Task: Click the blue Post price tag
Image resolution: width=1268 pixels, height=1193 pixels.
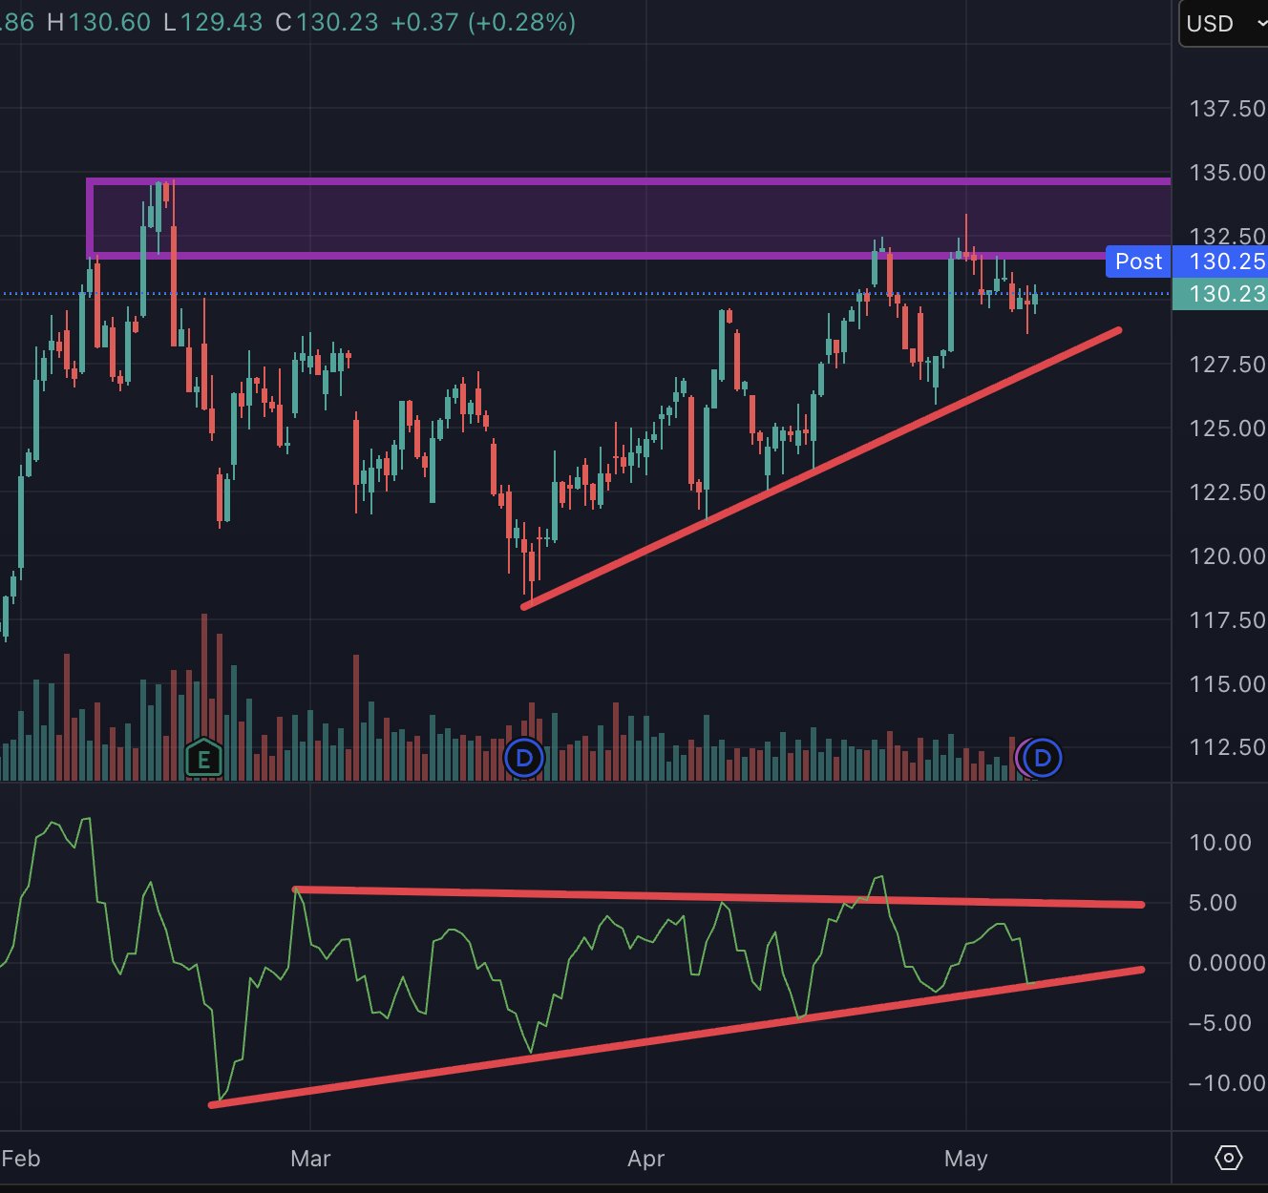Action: [1138, 262]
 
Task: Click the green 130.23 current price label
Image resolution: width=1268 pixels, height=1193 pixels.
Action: [1220, 294]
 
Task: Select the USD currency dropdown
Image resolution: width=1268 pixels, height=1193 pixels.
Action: [1223, 24]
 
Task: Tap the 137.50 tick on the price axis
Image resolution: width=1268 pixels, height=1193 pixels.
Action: [1227, 109]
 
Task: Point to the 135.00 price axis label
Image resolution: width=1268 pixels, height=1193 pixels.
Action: [1227, 173]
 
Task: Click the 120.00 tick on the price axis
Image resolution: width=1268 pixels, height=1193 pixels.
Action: [1227, 556]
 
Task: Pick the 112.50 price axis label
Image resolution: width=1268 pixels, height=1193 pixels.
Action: [1227, 747]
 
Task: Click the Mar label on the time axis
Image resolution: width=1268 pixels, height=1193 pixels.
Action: [310, 1159]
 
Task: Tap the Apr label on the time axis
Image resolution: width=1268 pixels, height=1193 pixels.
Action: [646, 1159]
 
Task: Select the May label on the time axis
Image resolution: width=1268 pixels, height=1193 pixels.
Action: [966, 1159]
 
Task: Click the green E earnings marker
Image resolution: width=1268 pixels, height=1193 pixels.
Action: [203, 759]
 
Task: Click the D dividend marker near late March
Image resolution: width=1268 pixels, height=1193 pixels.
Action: [524, 759]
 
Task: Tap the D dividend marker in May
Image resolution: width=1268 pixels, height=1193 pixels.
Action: [1043, 759]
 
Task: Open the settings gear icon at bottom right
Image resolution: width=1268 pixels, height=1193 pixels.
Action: [1229, 1158]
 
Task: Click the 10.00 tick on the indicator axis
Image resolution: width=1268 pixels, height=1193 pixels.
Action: [1219, 843]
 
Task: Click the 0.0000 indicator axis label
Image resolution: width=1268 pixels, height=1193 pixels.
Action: [1227, 963]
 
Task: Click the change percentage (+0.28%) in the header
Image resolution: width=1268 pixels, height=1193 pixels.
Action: [521, 23]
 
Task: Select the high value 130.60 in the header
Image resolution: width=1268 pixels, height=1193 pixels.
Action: [109, 23]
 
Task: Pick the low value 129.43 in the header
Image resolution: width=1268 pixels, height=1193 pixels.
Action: [222, 23]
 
